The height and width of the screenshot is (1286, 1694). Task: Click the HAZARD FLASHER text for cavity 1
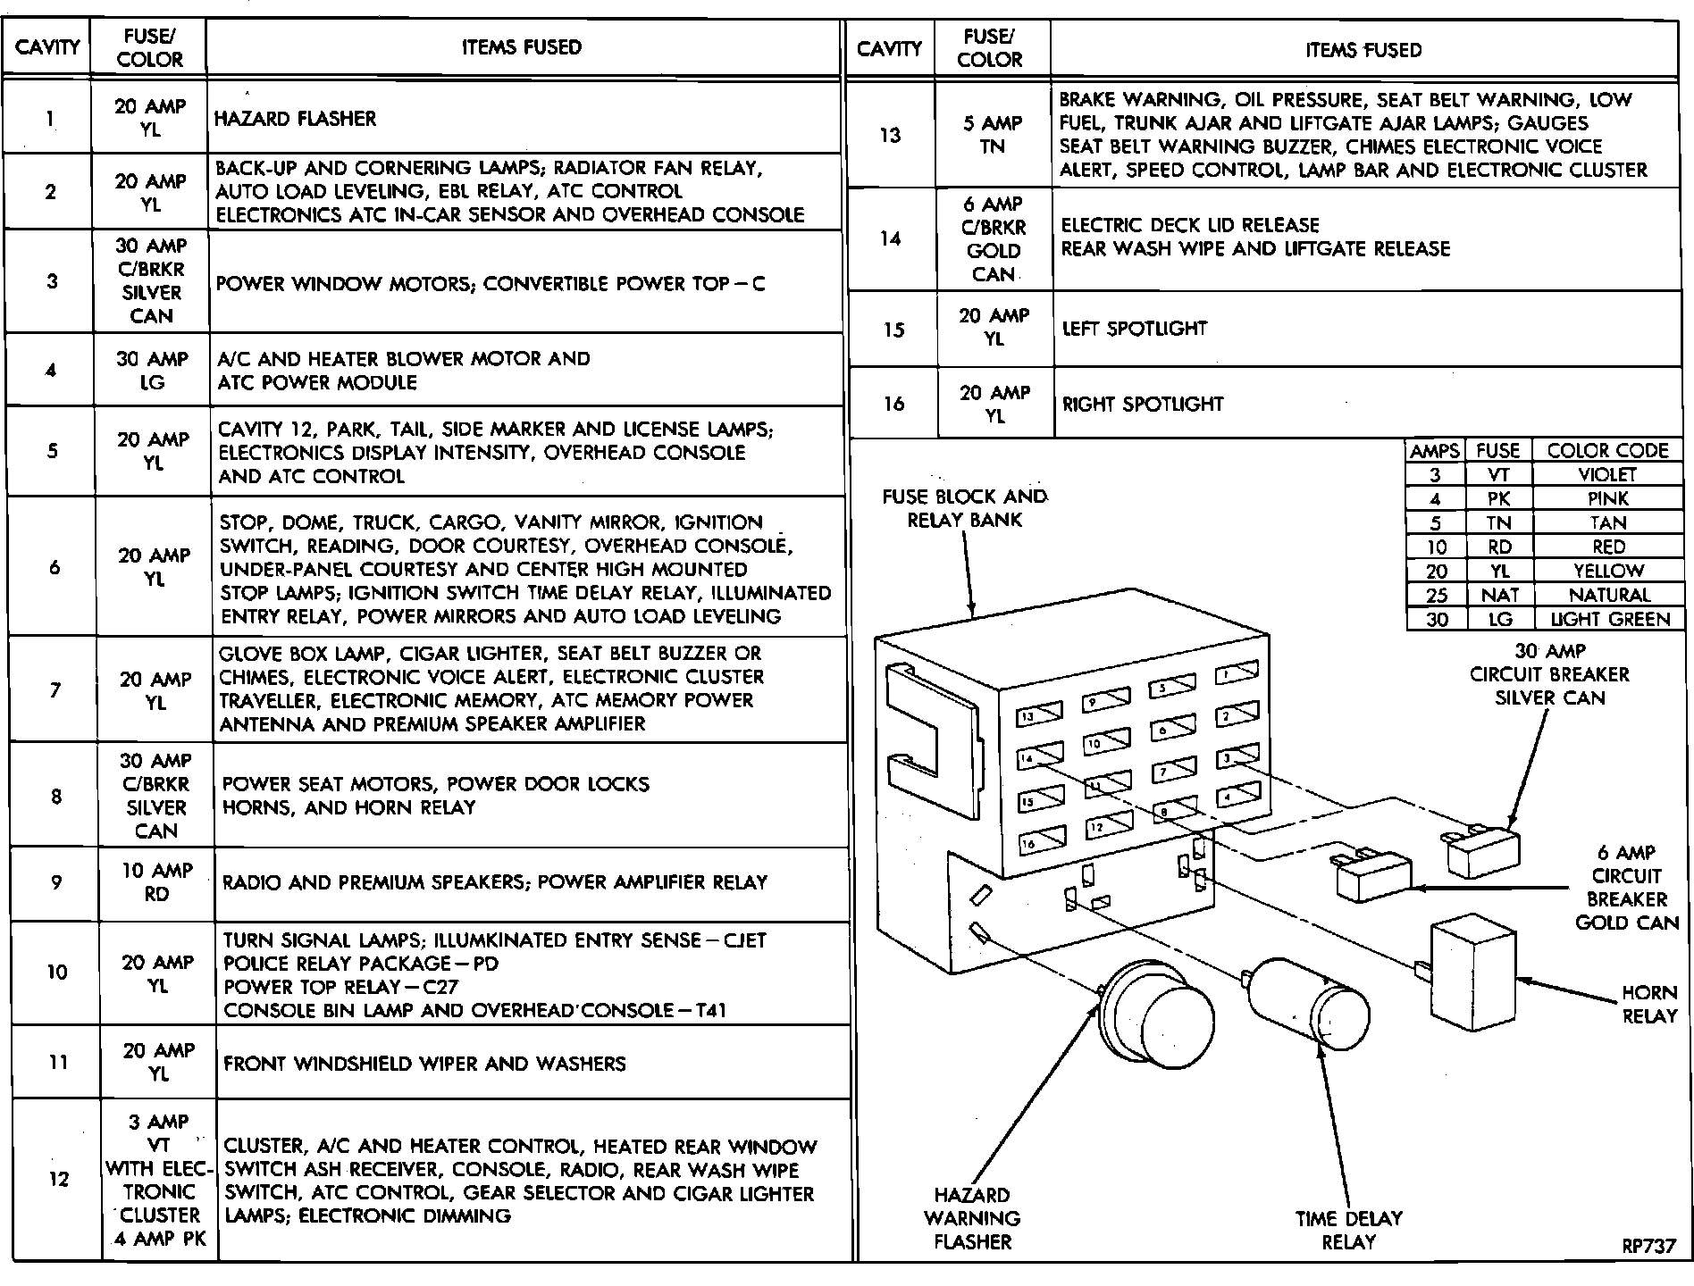pos(295,119)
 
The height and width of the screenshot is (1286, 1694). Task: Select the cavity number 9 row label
pos(56,882)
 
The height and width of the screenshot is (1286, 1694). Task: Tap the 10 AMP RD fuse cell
pos(156,882)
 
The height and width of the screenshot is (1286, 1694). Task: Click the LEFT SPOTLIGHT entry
pos(1134,329)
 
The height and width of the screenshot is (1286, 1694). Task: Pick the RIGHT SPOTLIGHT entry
pos(1142,404)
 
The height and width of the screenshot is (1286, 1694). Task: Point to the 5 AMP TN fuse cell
pos(993,135)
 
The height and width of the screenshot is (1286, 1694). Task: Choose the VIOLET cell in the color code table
pos(1607,475)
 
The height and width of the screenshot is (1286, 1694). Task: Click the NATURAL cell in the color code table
pos(1609,595)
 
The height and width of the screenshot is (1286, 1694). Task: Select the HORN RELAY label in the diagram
pos(1649,1004)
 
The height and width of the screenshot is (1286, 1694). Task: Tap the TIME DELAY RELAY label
pos(1349,1230)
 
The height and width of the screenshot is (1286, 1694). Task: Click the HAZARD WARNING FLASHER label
pos(972,1218)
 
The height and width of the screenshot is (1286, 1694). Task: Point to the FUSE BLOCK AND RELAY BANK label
pos(964,508)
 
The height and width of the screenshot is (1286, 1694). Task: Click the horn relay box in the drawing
pos(1473,973)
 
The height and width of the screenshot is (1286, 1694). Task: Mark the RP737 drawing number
pos(1649,1246)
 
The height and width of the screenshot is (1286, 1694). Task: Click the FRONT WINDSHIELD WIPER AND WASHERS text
pos(424,1064)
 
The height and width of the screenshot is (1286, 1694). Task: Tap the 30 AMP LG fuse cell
pos(153,371)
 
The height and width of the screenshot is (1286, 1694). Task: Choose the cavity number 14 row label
pos(890,238)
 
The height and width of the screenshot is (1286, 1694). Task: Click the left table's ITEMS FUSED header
pos(522,47)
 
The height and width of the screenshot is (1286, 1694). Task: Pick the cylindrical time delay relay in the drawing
pos(1310,1005)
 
